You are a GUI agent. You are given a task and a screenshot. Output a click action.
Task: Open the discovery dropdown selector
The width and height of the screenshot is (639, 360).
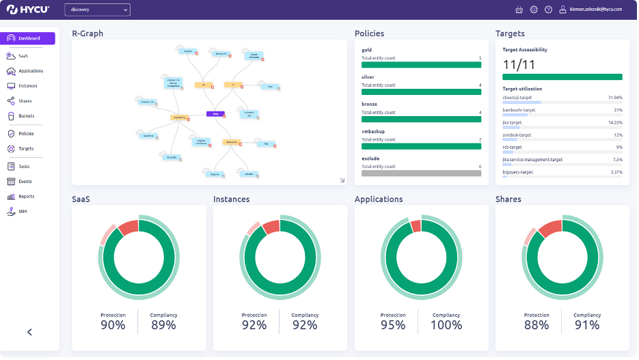[x=97, y=10]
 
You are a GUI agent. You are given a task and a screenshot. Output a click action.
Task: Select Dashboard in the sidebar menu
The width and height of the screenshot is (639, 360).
[x=28, y=38]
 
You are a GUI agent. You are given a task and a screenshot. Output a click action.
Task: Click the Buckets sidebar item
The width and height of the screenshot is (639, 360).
[x=26, y=116]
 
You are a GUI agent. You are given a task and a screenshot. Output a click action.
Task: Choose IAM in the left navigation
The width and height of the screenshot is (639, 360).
[x=23, y=212]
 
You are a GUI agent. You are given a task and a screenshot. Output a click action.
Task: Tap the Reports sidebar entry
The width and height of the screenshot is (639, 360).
[x=26, y=197]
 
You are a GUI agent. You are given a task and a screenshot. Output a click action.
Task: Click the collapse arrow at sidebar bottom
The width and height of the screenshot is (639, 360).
[x=29, y=332]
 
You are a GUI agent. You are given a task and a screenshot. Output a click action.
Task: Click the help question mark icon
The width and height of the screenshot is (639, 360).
[x=548, y=10]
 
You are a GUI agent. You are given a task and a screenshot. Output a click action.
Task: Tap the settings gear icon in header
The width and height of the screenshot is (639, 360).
[x=534, y=10]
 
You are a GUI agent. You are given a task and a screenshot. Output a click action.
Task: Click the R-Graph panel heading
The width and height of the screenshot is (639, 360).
[x=87, y=33]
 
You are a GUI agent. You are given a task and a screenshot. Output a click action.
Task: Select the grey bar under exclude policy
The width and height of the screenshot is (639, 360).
[x=421, y=174]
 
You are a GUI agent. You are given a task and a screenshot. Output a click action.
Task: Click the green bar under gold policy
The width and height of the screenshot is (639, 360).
[x=421, y=65]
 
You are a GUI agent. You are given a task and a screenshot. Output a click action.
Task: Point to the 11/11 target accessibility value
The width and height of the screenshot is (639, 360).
[x=518, y=64]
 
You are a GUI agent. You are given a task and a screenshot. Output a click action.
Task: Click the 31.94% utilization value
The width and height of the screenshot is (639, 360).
[x=614, y=98]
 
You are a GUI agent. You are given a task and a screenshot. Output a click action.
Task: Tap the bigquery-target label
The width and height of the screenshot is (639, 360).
[x=517, y=172]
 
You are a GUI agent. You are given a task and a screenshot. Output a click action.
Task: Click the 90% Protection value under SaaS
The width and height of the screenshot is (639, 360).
[x=113, y=325]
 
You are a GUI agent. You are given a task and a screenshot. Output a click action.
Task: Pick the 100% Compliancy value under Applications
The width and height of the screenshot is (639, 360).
[x=446, y=325]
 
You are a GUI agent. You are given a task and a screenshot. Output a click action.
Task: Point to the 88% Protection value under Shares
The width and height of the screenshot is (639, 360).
[x=536, y=325]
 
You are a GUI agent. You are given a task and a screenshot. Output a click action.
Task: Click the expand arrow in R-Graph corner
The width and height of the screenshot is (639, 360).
[x=342, y=180]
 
